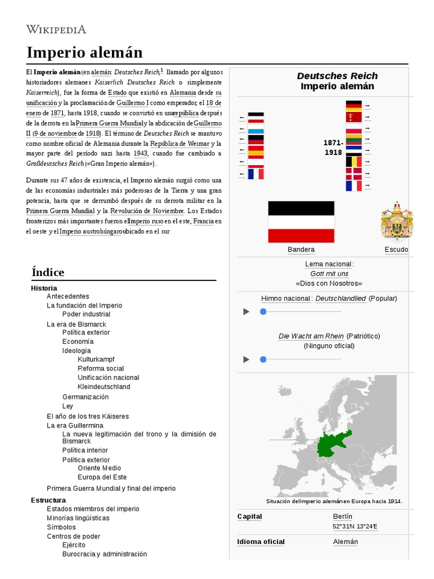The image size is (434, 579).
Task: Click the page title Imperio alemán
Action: (x=84, y=53)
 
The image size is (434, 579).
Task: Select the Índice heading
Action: (x=48, y=272)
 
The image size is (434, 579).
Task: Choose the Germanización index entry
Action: (x=85, y=397)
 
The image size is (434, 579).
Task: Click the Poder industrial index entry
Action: (x=86, y=314)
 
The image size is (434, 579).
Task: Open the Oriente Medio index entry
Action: (x=99, y=468)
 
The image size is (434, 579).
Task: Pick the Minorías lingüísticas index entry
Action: (x=78, y=518)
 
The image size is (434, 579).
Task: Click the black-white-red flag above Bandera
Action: (x=301, y=222)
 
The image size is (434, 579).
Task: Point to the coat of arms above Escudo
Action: (x=396, y=222)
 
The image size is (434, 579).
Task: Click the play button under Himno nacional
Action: (x=246, y=312)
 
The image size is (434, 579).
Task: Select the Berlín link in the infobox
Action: (x=342, y=516)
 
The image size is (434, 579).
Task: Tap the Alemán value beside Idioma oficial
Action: (x=345, y=542)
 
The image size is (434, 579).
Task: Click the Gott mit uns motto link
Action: (x=329, y=274)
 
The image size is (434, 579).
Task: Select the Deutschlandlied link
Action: (x=340, y=299)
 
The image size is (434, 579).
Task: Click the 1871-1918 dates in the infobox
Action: (x=333, y=148)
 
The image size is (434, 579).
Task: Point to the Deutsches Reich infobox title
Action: (x=337, y=76)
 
